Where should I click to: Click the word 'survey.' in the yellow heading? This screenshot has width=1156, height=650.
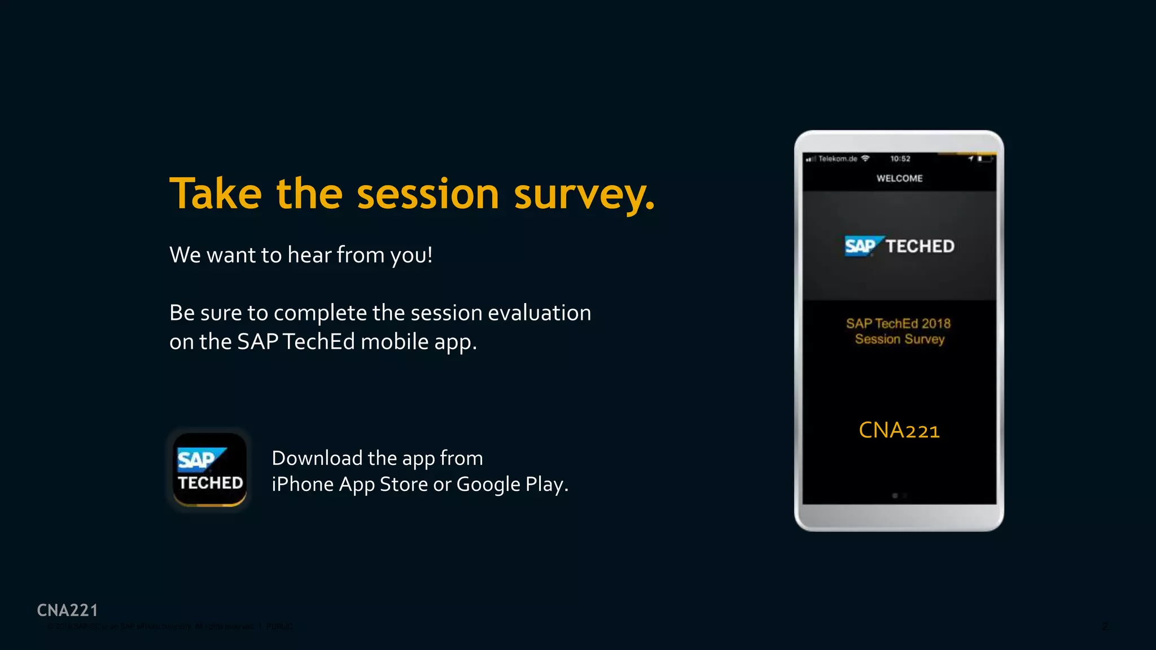point(584,195)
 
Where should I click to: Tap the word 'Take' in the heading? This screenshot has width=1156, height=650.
point(216,194)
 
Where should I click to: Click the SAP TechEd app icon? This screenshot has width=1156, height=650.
point(209,469)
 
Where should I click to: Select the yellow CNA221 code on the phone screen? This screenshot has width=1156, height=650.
point(899,431)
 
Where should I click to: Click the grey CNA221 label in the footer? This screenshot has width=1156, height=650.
point(67,610)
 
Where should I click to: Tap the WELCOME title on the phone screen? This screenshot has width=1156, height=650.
point(899,178)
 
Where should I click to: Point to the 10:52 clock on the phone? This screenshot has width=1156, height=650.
point(900,159)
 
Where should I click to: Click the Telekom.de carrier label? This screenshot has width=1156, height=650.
point(838,159)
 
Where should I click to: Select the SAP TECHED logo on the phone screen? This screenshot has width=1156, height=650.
point(899,246)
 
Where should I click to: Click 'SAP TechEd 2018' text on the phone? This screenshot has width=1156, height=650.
point(898,323)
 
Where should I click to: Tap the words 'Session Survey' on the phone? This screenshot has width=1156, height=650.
point(899,339)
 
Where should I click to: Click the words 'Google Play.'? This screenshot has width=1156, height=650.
point(512,485)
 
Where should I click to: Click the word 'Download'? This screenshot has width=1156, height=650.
point(317,458)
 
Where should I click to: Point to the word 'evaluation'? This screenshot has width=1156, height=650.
point(539,313)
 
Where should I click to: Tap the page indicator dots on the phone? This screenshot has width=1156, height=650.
point(899,495)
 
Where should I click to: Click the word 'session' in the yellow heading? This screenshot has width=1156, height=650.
point(428,195)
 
